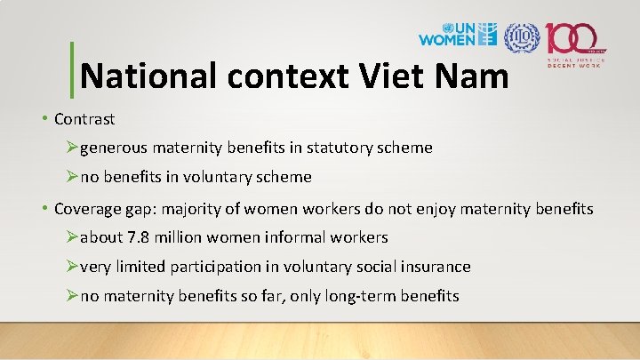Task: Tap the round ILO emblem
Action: [521, 36]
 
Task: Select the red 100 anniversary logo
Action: [576, 40]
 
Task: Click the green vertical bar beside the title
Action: [71, 68]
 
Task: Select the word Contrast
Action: [84, 118]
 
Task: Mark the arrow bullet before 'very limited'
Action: [73, 267]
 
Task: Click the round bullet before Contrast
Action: [44, 118]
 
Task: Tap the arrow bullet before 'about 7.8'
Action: [73, 237]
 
